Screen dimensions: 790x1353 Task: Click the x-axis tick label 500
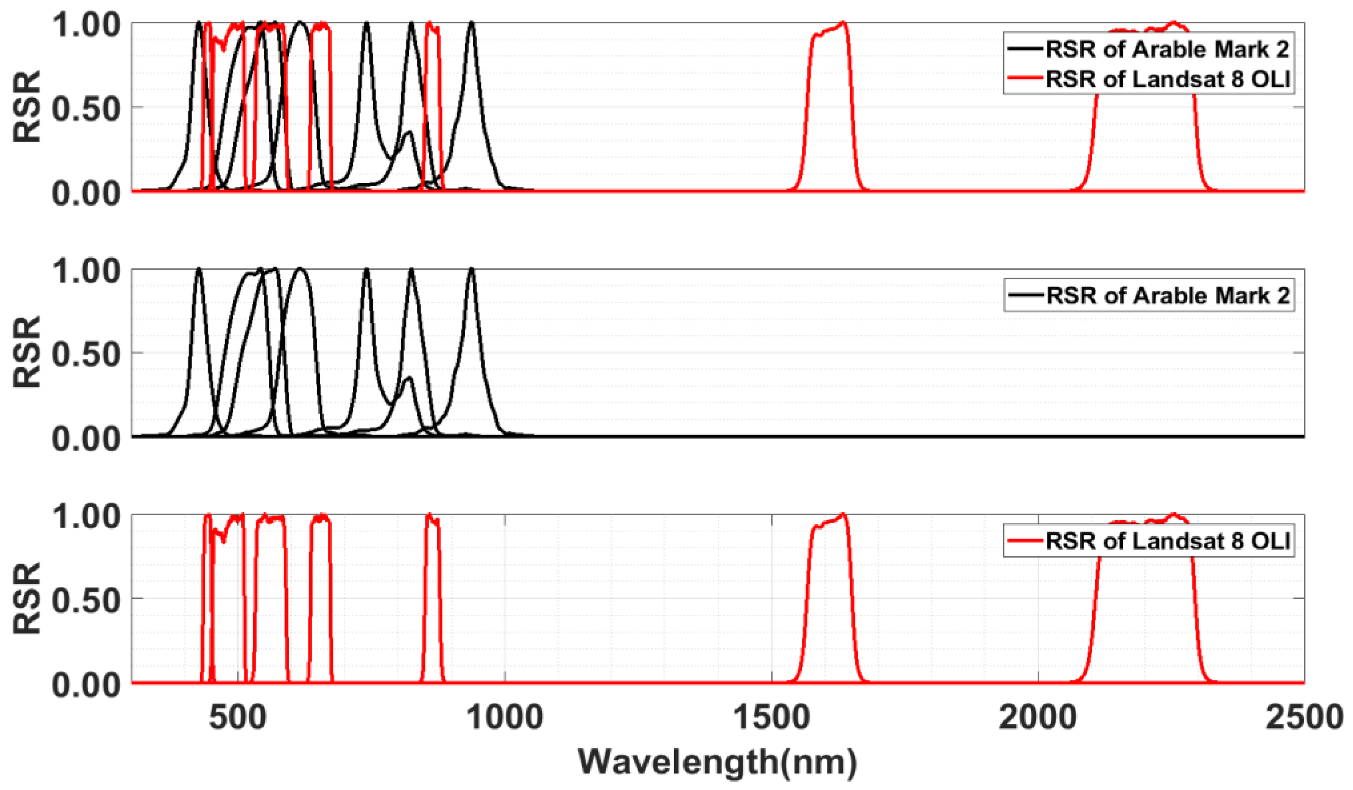[x=238, y=718]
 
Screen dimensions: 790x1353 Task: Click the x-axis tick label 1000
[x=505, y=718]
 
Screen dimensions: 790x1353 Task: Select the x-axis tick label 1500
[x=772, y=718]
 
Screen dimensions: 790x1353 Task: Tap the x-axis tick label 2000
[x=1038, y=718]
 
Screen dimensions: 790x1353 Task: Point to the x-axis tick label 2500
[x=1304, y=718]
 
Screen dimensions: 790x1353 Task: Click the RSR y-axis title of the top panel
[x=27, y=106]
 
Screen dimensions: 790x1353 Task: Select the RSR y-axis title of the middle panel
[x=27, y=352]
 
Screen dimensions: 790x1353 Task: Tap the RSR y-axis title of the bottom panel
[x=27, y=598]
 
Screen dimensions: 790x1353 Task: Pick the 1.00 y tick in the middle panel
[x=86, y=271]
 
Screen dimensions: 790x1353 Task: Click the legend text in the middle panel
[x=1168, y=295]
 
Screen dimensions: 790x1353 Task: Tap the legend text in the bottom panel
[x=1168, y=541]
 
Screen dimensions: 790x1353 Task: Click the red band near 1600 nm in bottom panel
[x=830, y=591]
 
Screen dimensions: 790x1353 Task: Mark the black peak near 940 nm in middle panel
[x=471, y=270]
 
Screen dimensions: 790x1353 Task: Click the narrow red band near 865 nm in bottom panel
[x=432, y=591]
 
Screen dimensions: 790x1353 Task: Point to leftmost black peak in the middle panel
[x=199, y=270]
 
